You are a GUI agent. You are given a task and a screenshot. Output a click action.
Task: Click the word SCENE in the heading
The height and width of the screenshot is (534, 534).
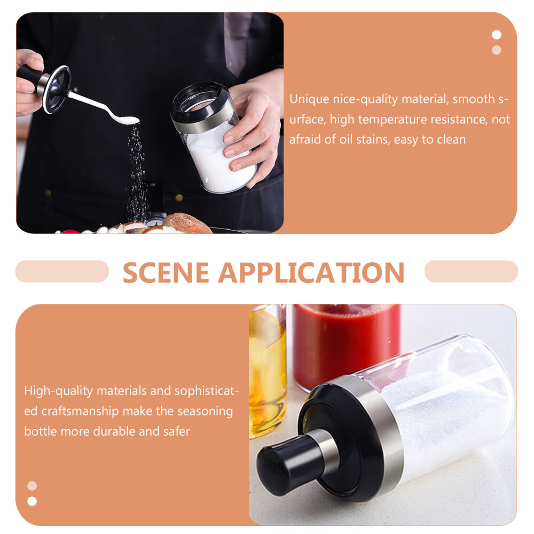pos(166,272)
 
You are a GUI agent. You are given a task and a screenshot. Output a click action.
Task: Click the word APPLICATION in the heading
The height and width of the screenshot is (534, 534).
pos(311,272)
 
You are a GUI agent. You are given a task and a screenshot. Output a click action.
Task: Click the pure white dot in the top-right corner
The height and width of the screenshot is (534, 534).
pos(497,35)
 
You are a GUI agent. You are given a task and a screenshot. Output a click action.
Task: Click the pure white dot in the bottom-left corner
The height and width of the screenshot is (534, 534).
pos(32,501)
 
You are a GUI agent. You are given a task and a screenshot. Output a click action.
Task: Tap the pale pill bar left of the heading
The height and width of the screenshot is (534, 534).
pos(62,271)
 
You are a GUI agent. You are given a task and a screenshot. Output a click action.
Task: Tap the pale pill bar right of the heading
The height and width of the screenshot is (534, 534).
pos(471,271)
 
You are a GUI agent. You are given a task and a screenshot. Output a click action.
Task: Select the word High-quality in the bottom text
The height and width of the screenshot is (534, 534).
pos(59,391)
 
